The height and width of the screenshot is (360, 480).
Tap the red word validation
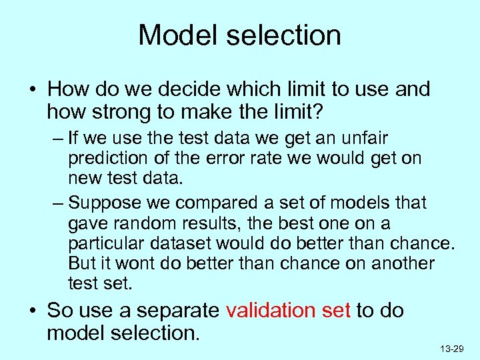[x=270, y=311]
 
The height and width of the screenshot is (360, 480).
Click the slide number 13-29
[x=452, y=349]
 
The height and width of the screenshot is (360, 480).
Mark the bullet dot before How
[x=33, y=89]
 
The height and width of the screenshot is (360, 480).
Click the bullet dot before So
[x=33, y=311]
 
